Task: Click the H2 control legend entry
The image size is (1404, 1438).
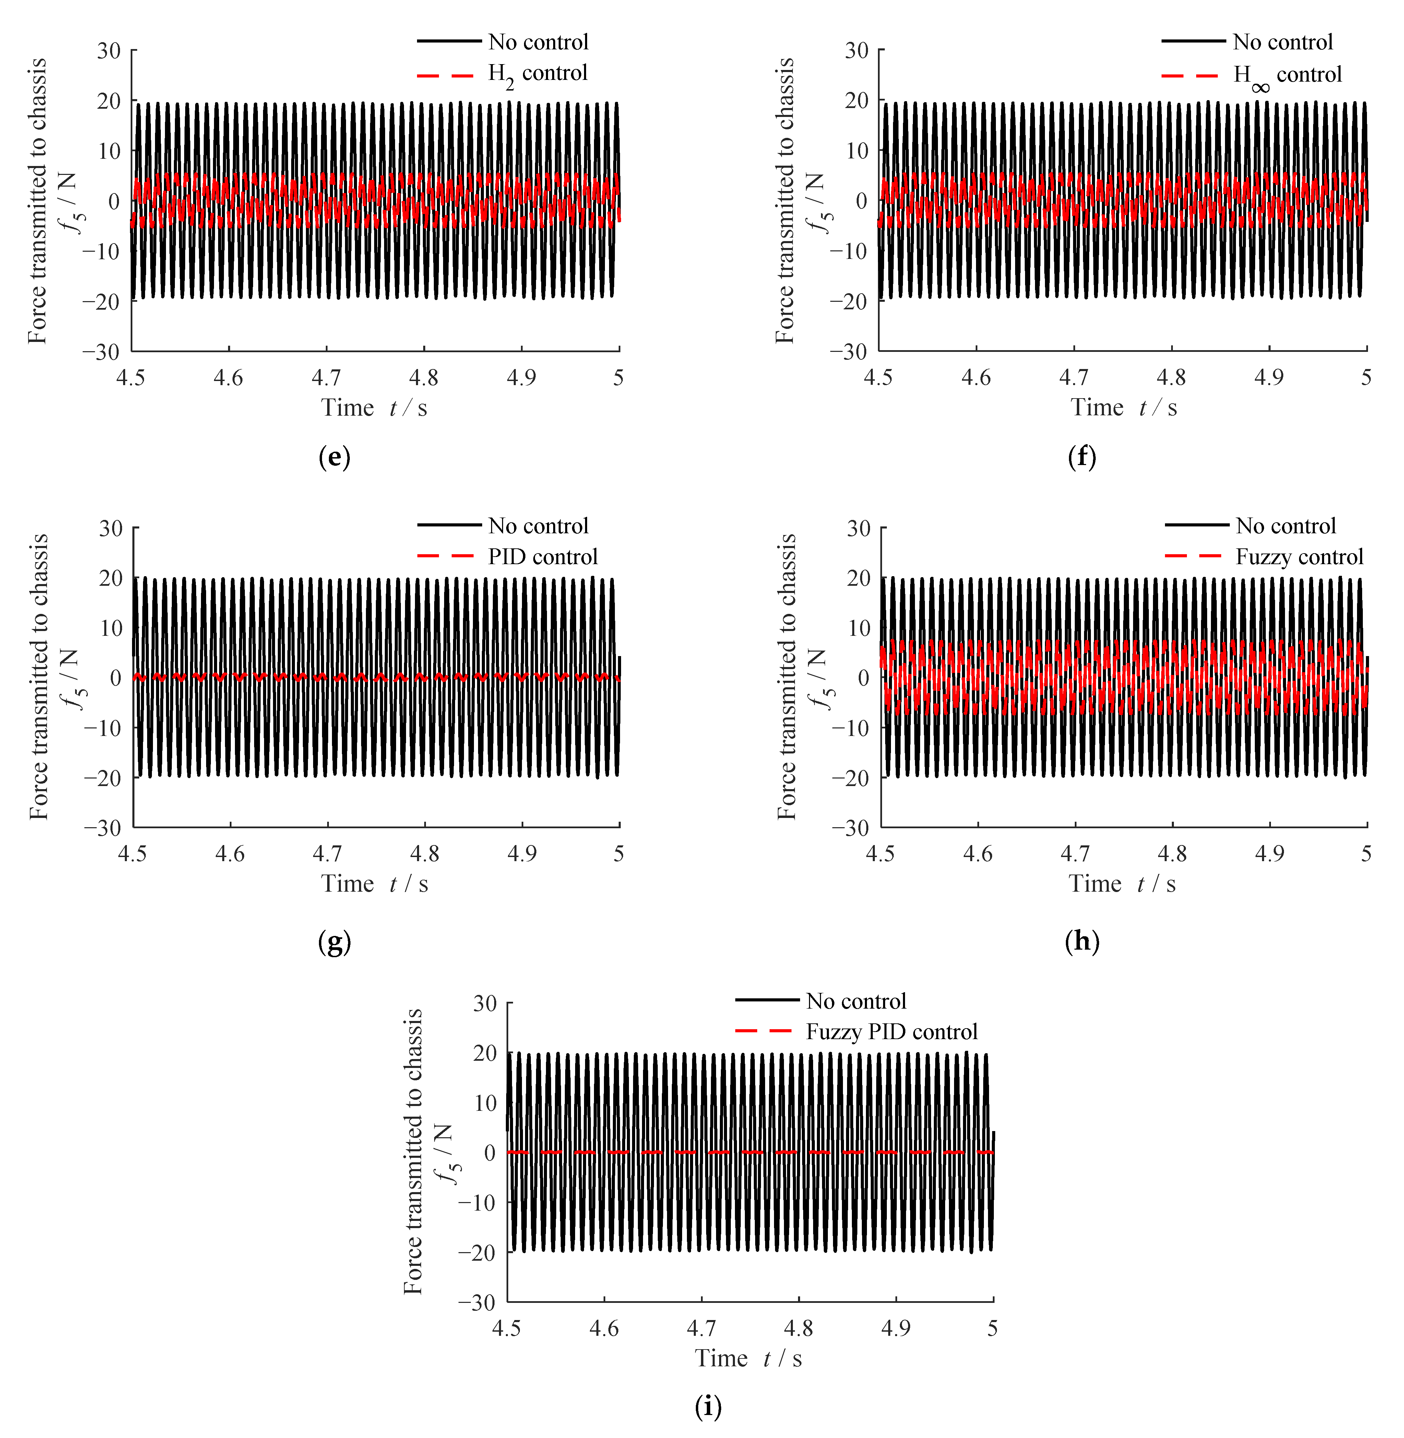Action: pos(538,74)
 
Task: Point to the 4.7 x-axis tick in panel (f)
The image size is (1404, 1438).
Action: pos(1074,378)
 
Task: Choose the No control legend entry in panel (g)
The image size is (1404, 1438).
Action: pos(538,526)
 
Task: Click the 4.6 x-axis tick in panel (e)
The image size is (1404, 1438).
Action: pos(229,378)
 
